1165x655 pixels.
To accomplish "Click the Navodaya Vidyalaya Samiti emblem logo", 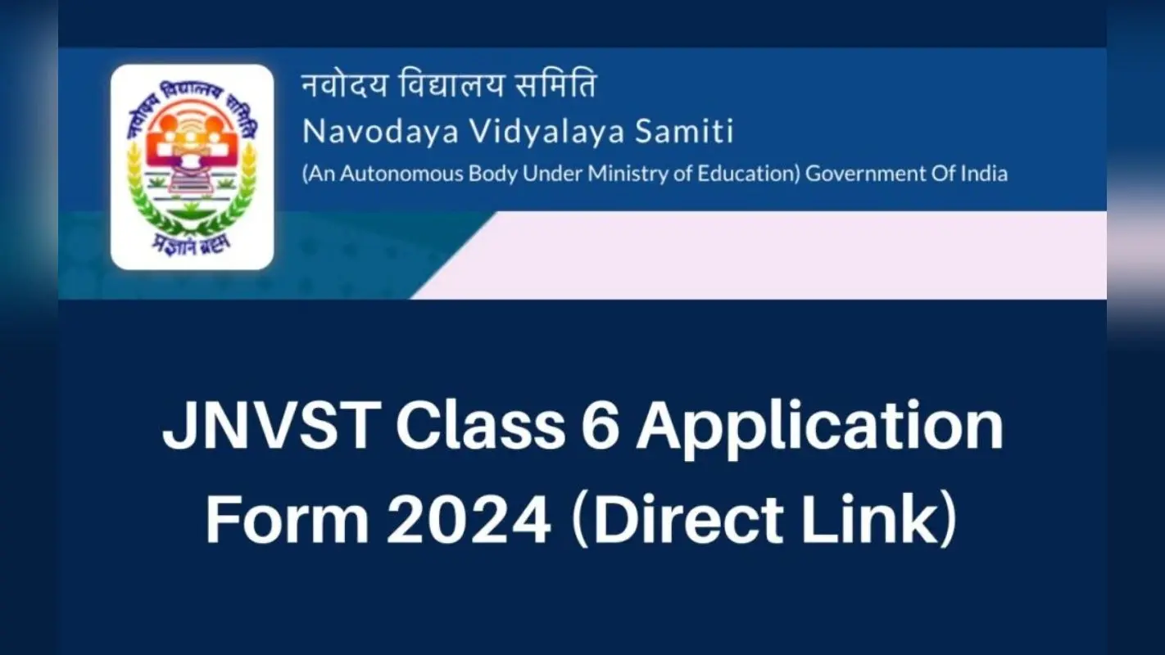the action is click(x=192, y=167).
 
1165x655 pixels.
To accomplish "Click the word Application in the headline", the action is click(x=820, y=430).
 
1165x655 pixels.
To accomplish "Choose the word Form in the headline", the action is click(x=288, y=520).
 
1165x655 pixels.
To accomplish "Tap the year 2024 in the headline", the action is click(x=468, y=521).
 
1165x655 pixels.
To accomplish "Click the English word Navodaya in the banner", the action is click(x=380, y=131).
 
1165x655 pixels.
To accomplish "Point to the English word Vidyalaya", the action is click(x=546, y=132).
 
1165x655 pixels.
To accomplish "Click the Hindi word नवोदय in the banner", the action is click(x=344, y=84).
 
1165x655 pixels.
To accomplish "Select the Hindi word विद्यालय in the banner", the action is click(x=451, y=84).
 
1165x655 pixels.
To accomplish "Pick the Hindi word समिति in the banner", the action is click(x=555, y=84).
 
